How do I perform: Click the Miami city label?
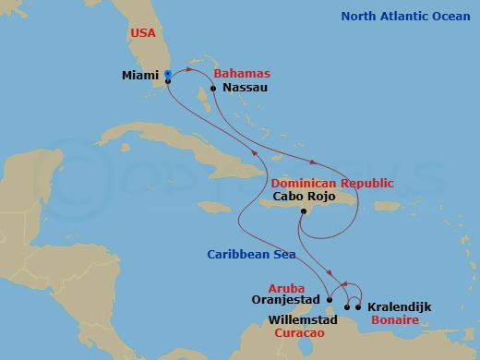pos(139,78)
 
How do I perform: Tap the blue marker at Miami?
pos(167,78)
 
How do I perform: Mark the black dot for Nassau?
pos(213,89)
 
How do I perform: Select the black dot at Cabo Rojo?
pos(301,211)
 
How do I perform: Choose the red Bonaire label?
pos(393,319)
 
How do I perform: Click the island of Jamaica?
pos(215,206)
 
